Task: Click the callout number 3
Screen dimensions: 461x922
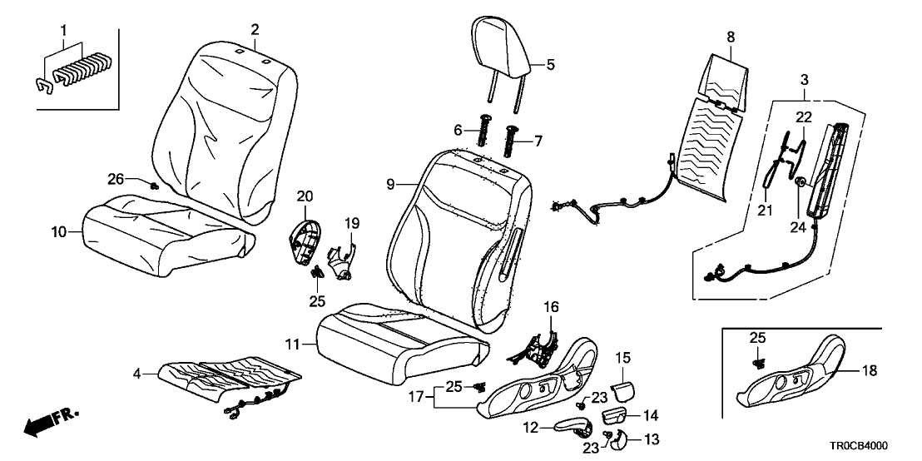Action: tap(803, 79)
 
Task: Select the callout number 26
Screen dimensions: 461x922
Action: tap(116, 177)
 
